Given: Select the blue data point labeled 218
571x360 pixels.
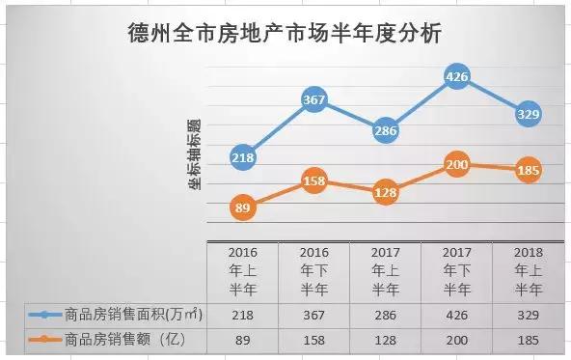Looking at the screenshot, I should (243, 157).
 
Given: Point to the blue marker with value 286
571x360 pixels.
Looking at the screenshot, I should (386, 130).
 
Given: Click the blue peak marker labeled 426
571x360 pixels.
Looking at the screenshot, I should (457, 76).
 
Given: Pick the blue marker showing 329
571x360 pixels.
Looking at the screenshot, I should (528, 115).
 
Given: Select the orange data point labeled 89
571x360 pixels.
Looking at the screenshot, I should (243, 207).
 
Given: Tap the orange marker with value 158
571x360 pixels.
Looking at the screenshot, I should (314, 180).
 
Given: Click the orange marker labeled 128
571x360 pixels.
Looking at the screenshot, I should (386, 192).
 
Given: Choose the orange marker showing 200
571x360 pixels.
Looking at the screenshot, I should (457, 165).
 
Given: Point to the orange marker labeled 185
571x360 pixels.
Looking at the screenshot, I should (528, 171).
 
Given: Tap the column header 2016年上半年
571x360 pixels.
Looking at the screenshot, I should (243, 269).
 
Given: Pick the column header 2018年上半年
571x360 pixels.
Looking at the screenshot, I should (528, 269).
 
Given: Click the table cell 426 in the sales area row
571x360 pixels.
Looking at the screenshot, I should (457, 314).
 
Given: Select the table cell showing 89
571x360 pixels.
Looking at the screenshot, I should (243, 339).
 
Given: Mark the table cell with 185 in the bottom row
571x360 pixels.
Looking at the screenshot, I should (528, 339).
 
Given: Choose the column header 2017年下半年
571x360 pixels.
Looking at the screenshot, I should (457, 269).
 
